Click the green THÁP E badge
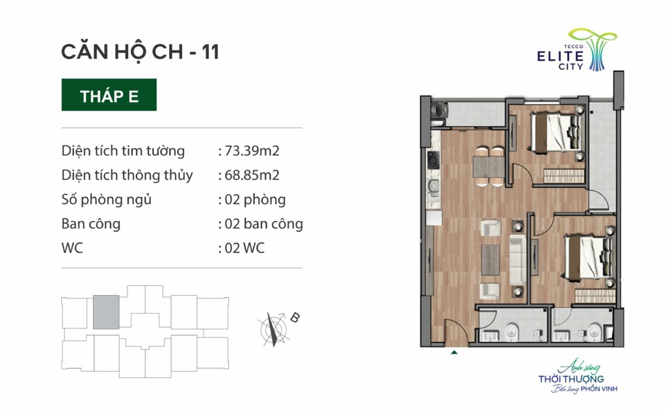(x=109, y=95)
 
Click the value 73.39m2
(x=252, y=151)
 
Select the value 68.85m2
(x=252, y=175)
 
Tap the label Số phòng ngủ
(x=106, y=200)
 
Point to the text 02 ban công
(x=263, y=224)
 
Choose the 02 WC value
(x=245, y=248)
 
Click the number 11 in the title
(x=210, y=52)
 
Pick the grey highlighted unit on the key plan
(x=106, y=313)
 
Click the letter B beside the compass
(x=295, y=317)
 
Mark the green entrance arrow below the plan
(x=454, y=352)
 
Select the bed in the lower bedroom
(x=589, y=257)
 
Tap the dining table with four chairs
(x=488, y=167)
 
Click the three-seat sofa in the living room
(x=517, y=260)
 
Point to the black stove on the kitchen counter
(x=433, y=160)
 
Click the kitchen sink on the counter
(x=433, y=187)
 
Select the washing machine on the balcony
(x=440, y=109)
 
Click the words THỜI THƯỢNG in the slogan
(x=571, y=379)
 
